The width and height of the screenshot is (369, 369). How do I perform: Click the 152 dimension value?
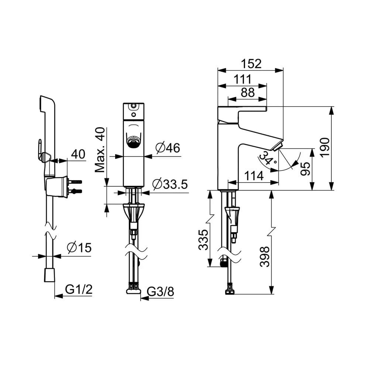[x=252, y=64]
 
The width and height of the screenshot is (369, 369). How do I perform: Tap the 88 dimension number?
[x=247, y=93]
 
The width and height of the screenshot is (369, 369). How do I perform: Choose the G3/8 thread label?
[x=160, y=292]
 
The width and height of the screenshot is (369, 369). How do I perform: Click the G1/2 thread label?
[x=79, y=290]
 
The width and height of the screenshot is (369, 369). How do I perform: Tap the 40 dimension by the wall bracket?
[x=78, y=154]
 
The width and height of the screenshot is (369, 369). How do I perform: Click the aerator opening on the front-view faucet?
[x=133, y=141]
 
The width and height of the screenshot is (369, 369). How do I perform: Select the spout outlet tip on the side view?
[x=277, y=147]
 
